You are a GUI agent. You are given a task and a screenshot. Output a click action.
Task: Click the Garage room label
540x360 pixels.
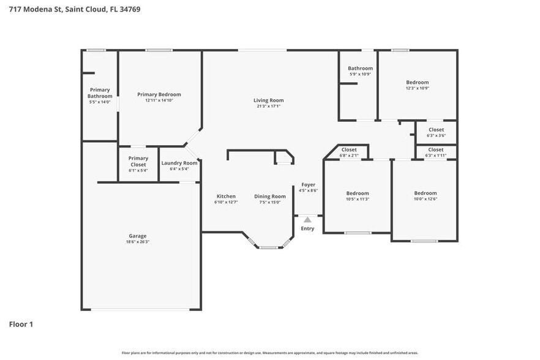[137, 236]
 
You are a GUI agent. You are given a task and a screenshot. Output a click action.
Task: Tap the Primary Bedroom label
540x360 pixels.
[159, 94]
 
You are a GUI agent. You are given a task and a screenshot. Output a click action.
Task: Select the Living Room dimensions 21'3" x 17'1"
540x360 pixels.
[269, 106]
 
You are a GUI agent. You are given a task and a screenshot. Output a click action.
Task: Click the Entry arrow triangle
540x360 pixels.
[307, 219]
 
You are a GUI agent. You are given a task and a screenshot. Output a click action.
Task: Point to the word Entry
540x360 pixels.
[307, 228]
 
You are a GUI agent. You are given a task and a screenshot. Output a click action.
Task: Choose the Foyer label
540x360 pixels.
[308, 184]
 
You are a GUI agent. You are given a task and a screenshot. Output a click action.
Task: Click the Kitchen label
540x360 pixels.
[225, 197]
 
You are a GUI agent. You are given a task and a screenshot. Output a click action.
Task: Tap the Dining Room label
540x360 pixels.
[270, 197]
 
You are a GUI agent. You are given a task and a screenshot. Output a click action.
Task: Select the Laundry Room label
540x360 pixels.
[179, 163]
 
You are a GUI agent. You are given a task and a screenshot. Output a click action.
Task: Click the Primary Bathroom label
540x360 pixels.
[100, 93]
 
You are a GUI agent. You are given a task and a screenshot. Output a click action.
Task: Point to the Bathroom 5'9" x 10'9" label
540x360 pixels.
[360, 69]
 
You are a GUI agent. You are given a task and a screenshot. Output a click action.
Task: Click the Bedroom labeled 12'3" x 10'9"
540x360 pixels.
[417, 82]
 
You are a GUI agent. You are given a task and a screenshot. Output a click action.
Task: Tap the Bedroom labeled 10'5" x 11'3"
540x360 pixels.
[357, 193]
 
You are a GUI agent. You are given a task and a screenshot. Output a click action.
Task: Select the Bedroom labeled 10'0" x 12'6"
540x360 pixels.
[425, 193]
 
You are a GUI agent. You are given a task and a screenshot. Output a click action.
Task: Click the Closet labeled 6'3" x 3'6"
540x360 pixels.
[436, 130]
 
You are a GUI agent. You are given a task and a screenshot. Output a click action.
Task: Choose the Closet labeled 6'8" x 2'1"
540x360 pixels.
[349, 149]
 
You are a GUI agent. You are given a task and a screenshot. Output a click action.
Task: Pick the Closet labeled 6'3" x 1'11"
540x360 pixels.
[436, 149]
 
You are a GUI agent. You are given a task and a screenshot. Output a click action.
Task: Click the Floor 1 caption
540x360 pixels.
[21, 324]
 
